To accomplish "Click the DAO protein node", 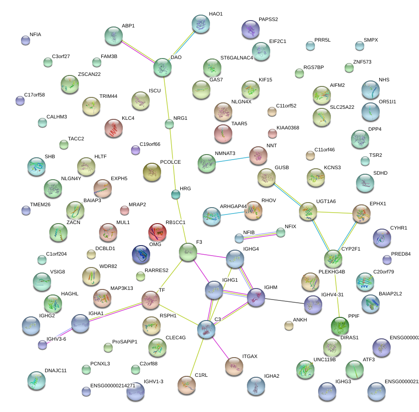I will tap(162, 67).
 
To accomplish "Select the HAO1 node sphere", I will tap(200, 24).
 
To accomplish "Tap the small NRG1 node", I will tap(169, 123).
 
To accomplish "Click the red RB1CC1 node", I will tap(157, 232).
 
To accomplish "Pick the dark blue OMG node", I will tap(141, 255).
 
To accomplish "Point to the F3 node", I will tap(188, 251).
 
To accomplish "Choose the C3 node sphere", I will tap(206, 329).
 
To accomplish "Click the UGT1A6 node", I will tap(308, 212).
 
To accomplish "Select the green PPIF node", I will tap(340, 326).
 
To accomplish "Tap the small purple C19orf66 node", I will tap(135, 150).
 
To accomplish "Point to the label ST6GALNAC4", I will tap(236, 58).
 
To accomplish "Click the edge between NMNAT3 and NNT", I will tap(232, 160).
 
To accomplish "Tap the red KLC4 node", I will tap(114, 128).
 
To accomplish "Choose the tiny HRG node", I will tap(175, 195).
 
